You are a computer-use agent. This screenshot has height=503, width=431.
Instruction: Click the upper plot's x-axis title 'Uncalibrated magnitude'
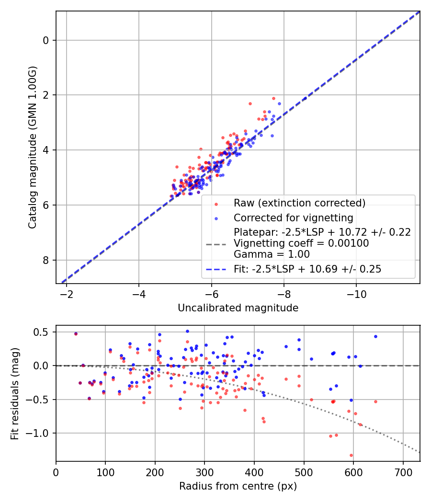click(x=238, y=308)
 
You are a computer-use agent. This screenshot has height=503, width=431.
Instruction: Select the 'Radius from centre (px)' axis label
click(x=238, y=486)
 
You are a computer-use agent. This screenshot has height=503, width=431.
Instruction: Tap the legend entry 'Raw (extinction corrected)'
click(x=299, y=203)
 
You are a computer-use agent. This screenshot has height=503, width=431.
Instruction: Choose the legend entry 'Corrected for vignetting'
click(x=293, y=218)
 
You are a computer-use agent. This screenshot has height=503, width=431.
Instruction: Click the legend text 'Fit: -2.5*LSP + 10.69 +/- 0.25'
click(x=307, y=269)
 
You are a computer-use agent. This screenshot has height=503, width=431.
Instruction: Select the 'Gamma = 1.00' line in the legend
click(x=272, y=254)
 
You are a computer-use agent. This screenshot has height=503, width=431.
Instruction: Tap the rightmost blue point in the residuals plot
click(x=375, y=336)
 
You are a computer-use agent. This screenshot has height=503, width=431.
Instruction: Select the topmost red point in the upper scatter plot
click(x=273, y=98)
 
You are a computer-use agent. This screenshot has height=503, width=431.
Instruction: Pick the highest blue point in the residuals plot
click(x=187, y=331)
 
